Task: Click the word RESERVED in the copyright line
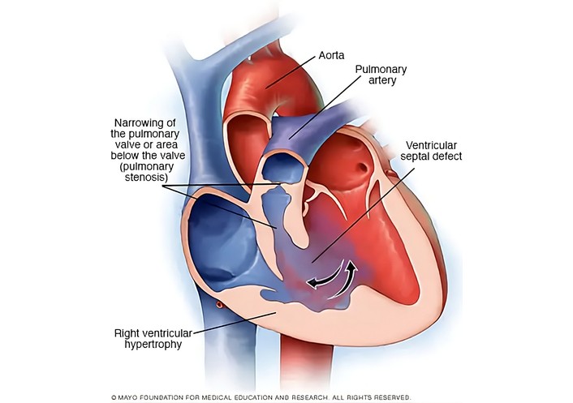click(x=392, y=398)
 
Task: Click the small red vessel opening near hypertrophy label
click(x=219, y=304)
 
